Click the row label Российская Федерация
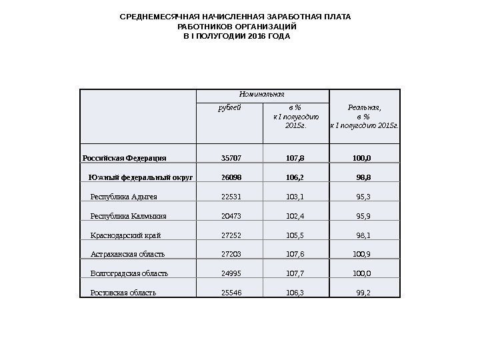tap(124, 159)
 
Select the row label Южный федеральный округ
tap(141, 178)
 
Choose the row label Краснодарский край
tap(125, 235)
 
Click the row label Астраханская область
tap(127, 254)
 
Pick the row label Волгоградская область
tap(129, 273)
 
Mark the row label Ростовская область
tap(123, 292)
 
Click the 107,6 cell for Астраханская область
tap(295, 254)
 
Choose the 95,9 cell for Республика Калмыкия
tap(363, 216)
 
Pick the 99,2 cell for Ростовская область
tap(363, 292)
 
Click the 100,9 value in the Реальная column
tap(361, 254)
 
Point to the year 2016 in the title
tap(247, 35)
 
